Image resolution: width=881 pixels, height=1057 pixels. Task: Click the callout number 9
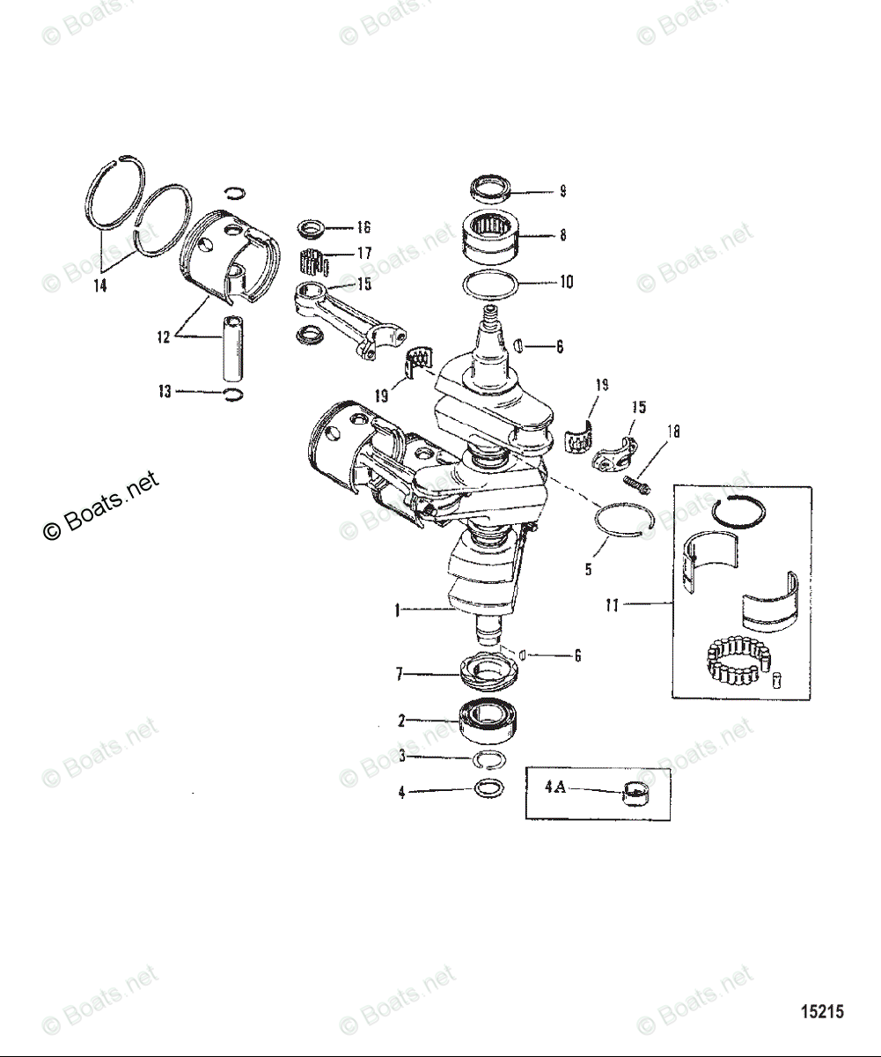coord(562,190)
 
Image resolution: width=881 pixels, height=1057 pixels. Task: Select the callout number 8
coord(562,235)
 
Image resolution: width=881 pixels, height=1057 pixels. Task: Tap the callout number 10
coord(566,282)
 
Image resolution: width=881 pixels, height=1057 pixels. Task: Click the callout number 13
coord(165,391)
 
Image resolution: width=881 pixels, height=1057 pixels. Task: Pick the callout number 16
coord(363,227)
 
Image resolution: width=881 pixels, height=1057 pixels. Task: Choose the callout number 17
coord(363,254)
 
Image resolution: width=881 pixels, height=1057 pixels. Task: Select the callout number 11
coord(614,604)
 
